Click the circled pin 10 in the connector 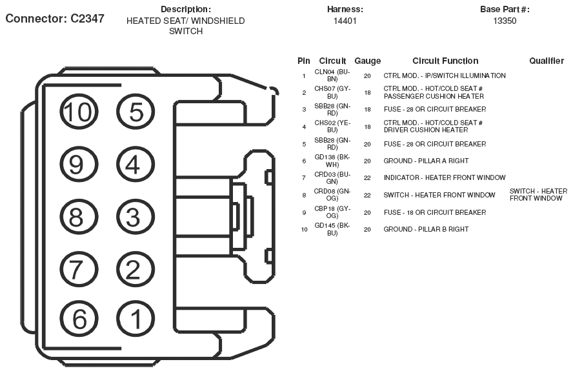[x=79, y=112]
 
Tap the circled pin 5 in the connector [x=136, y=112]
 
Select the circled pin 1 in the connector [x=136, y=319]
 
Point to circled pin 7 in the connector [x=79, y=269]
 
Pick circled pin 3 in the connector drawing [x=136, y=217]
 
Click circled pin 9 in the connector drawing [x=79, y=165]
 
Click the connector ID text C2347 [x=88, y=18]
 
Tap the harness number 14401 [x=345, y=21]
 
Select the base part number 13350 [x=505, y=21]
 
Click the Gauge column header [x=368, y=61]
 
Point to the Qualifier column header [x=547, y=61]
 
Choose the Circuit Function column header [x=445, y=61]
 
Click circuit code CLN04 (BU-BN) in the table [x=332, y=76]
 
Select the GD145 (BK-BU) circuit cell [x=332, y=229]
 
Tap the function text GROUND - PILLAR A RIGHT [x=426, y=161]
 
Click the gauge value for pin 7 [x=367, y=178]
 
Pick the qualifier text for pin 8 [x=538, y=195]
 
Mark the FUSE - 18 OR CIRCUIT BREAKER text [x=435, y=212]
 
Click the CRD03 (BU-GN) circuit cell [x=332, y=178]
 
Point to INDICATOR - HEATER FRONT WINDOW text [x=445, y=178]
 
